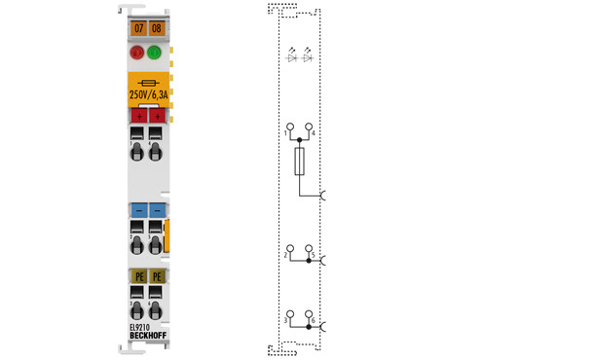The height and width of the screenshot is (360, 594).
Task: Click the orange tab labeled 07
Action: (137, 29)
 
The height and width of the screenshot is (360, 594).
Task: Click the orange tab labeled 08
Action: (156, 29)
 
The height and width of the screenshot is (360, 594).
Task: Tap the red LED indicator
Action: (137, 53)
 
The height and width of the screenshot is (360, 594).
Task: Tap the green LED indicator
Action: (156, 53)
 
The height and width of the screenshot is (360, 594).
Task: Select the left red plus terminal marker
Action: (137, 117)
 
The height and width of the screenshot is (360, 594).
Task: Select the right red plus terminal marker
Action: (156, 117)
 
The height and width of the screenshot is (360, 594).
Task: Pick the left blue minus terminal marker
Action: (137, 209)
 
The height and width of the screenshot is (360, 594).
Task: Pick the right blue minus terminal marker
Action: (156, 209)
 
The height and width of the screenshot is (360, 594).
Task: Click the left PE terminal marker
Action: (137, 276)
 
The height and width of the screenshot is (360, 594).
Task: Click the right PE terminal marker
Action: (156, 276)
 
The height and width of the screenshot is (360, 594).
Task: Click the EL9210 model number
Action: (141, 328)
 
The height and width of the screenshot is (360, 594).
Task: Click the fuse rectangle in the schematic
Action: (299, 162)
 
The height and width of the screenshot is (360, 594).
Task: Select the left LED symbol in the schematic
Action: (291, 57)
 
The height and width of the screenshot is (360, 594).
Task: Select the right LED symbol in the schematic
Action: (308, 57)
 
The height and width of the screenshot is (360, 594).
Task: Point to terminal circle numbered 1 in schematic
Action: (289, 127)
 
